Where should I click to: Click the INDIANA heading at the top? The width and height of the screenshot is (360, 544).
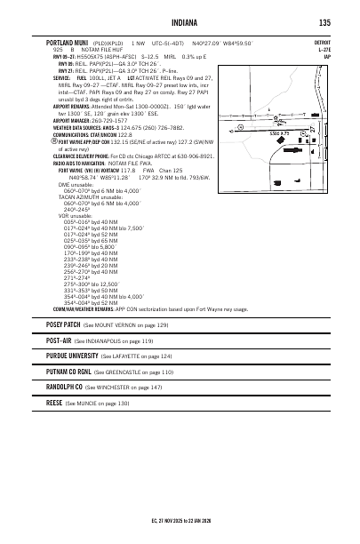click(180, 22)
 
